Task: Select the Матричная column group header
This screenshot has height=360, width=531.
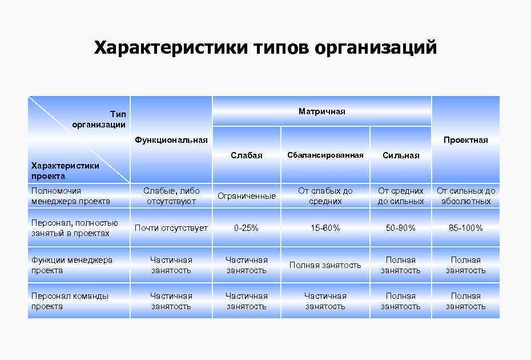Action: [322, 111]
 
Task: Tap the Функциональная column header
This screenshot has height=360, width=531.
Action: [171, 140]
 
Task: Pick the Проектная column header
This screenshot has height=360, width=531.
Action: [465, 140]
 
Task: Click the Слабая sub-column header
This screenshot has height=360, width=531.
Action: [247, 155]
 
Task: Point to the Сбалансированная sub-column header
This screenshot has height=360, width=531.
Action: [325, 155]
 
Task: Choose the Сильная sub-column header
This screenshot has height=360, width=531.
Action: [401, 155]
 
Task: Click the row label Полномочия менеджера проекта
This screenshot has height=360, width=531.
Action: [71, 196]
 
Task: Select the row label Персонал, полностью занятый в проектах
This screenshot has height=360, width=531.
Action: [74, 228]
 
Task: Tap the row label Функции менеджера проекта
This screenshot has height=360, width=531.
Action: [72, 265]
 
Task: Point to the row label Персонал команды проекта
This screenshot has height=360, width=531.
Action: [70, 301]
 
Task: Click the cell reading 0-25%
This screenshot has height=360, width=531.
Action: [247, 228]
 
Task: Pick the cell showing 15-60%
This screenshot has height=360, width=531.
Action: [325, 228]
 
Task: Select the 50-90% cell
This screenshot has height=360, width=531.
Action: [401, 228]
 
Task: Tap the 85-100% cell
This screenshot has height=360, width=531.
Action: [466, 228]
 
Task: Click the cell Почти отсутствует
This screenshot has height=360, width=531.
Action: [171, 228]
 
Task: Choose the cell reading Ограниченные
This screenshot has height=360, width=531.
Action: [247, 196]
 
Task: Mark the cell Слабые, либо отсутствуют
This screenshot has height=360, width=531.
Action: [171, 196]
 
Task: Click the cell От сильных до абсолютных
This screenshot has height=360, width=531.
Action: [466, 196]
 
